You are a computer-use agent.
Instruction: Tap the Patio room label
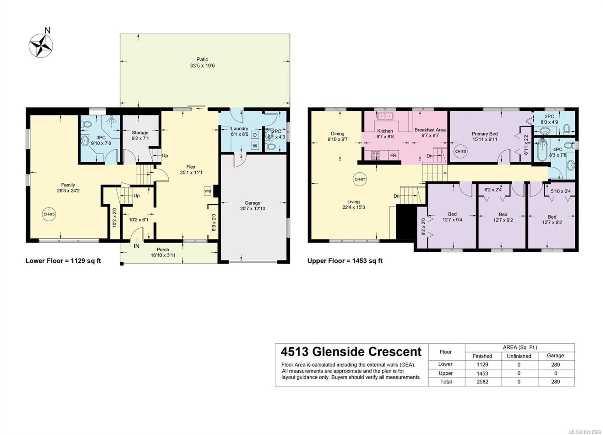202,59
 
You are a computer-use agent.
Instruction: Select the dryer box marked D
255,135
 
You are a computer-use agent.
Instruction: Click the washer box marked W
255,146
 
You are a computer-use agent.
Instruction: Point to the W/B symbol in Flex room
207,191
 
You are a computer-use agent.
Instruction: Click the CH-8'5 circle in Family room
49,214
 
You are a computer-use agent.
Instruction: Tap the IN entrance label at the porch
137,246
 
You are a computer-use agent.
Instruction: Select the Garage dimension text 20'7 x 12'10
253,208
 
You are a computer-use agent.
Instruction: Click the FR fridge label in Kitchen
393,155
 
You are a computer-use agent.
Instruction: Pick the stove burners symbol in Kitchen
376,155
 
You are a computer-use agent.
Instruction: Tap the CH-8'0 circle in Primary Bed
460,152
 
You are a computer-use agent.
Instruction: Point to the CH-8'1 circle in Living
360,179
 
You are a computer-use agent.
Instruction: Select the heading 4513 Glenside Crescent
351,352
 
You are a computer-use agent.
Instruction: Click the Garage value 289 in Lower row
555,365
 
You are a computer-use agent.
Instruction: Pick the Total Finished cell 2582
482,382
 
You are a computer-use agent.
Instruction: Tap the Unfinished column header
519,356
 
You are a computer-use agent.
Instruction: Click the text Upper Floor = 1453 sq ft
345,261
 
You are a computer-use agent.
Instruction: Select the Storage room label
140,133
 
